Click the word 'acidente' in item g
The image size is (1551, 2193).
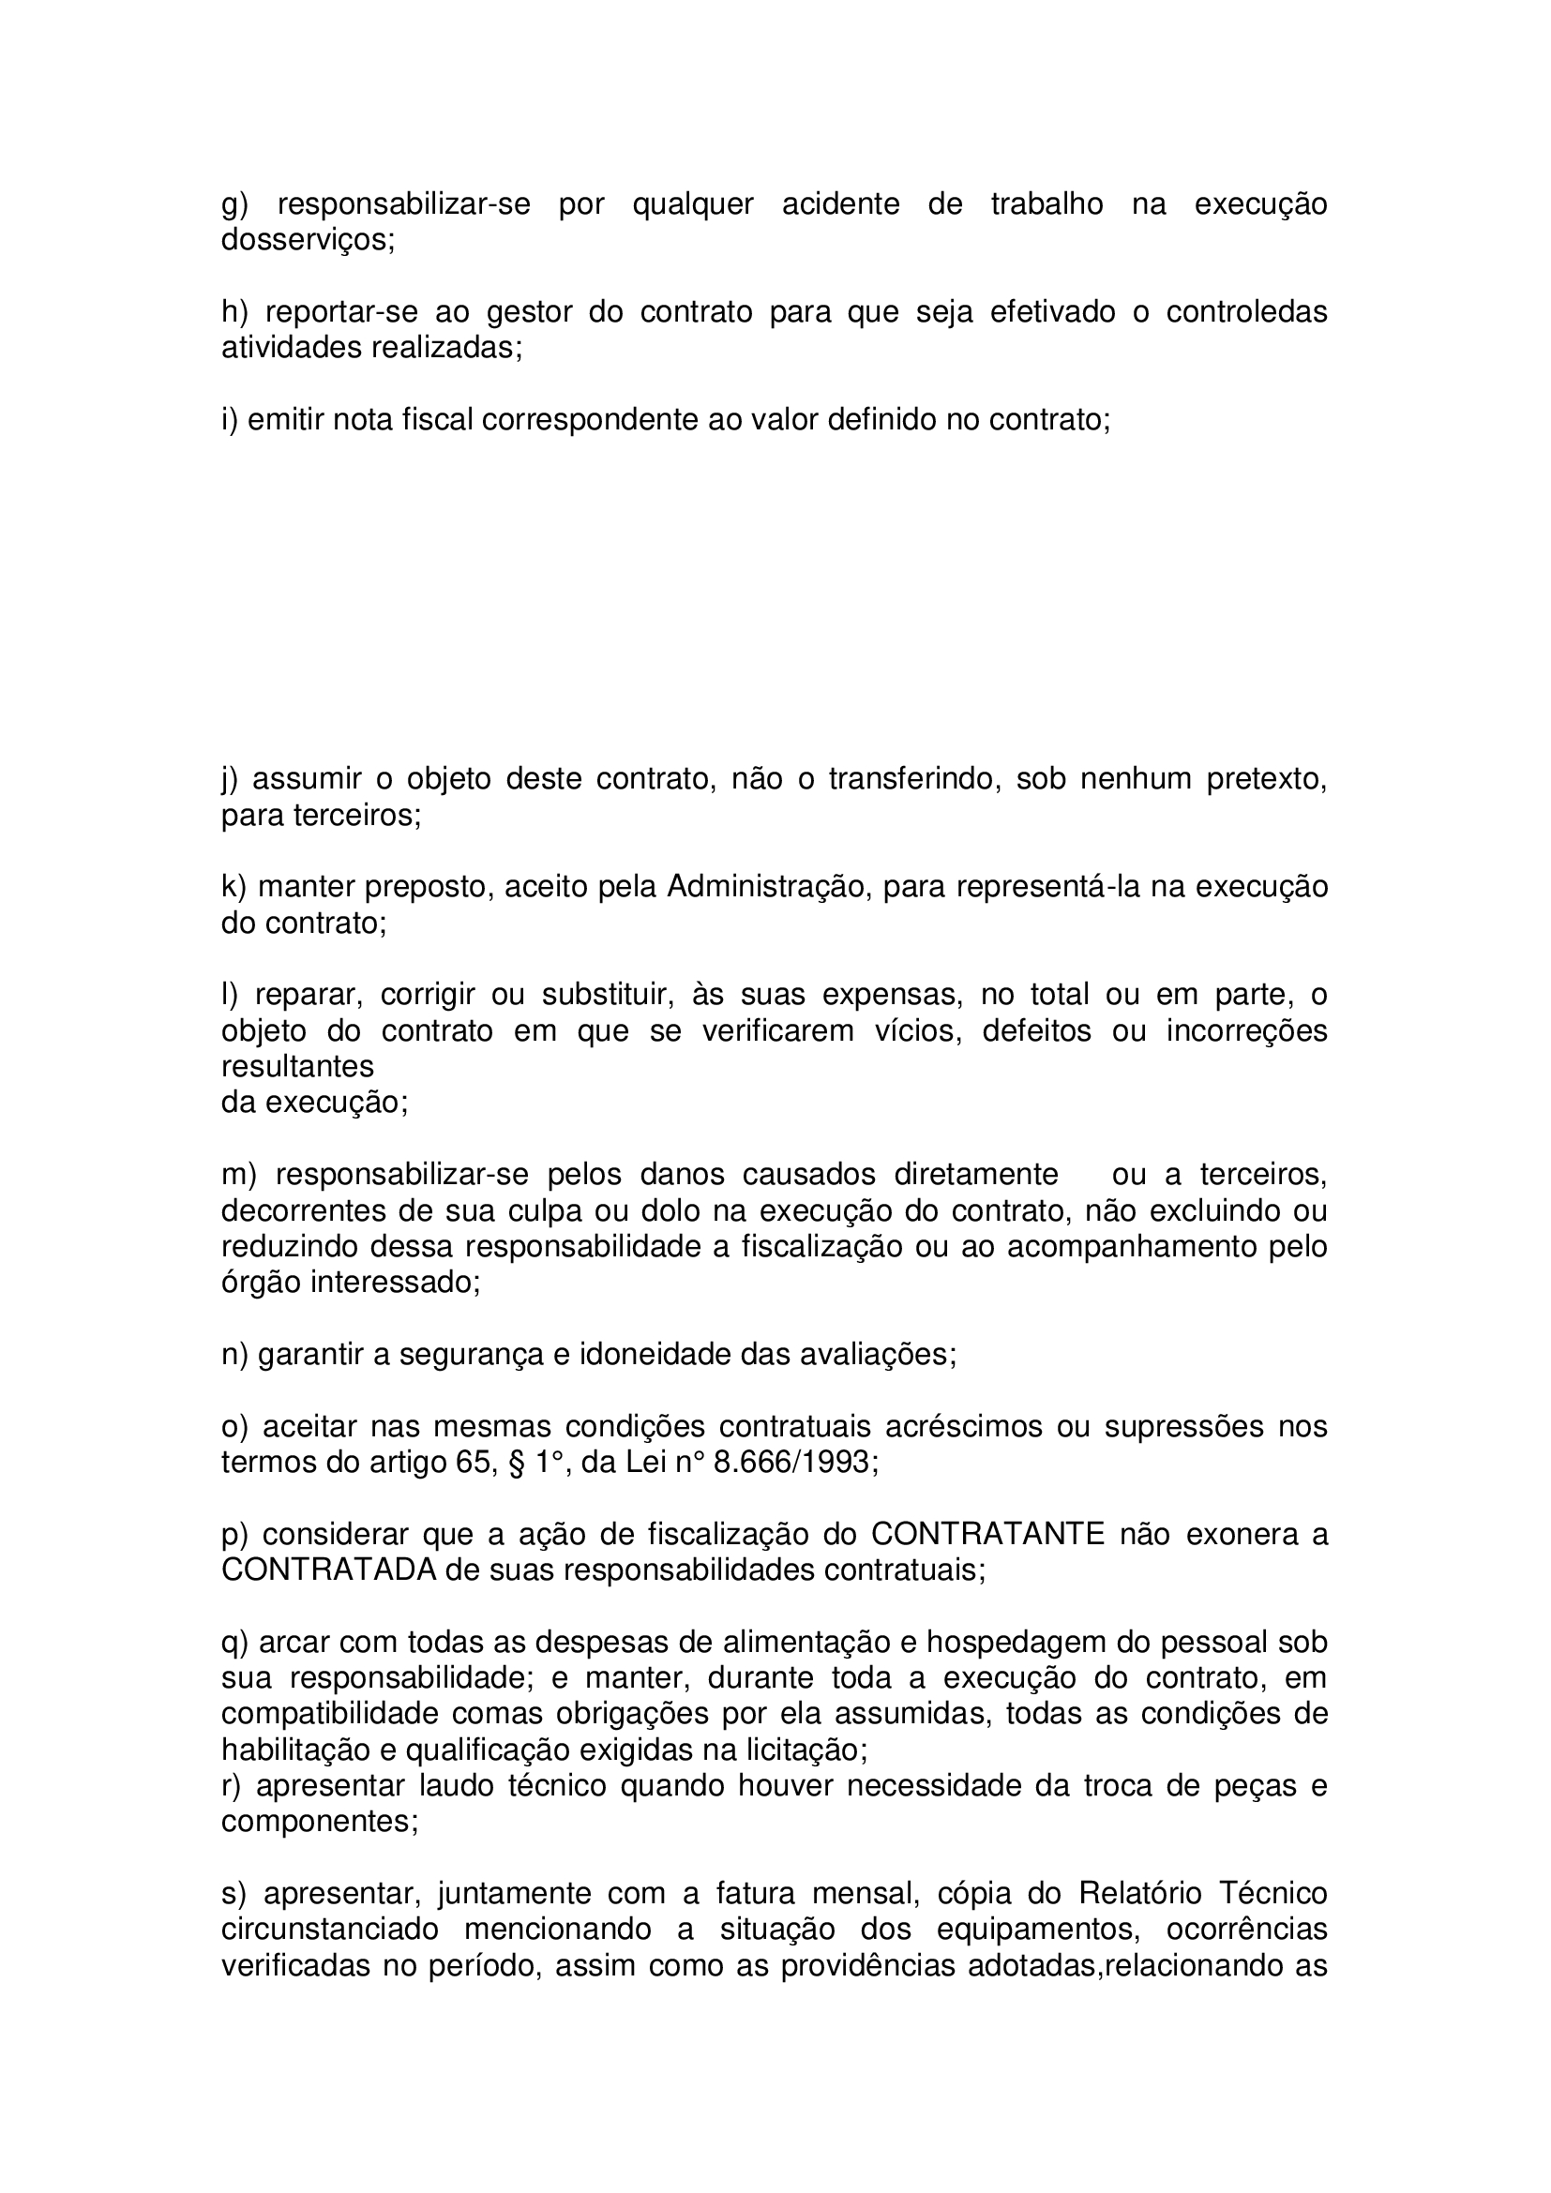840,204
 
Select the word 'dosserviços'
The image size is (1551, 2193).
308,241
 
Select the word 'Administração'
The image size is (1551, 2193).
769,887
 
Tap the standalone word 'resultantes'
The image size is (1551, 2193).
297,1066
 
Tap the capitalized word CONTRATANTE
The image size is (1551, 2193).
987,1534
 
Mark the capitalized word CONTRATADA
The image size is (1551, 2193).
328,1570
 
